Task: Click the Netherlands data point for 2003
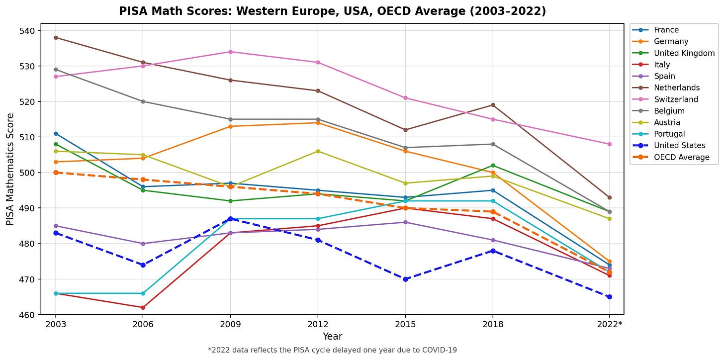point(56,38)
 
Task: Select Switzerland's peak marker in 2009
point(230,52)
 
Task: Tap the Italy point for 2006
point(143,308)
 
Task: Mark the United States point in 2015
point(405,279)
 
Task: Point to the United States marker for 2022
point(609,297)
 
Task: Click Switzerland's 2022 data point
point(609,144)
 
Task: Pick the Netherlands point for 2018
point(493,105)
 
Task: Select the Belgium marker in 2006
point(143,101)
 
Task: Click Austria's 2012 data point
point(318,151)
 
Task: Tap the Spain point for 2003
point(56,226)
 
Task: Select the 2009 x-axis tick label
point(230,325)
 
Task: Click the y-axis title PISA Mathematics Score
point(10,170)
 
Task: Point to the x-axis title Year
point(332,337)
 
